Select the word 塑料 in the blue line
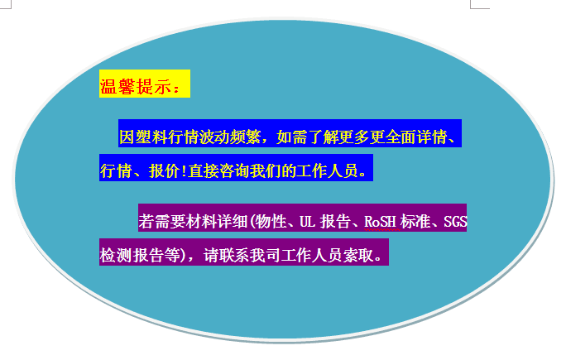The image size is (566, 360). pos(151,137)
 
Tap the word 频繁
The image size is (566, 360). pos(245,137)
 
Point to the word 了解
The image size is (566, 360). pos(323,137)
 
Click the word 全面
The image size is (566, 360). pos(401,137)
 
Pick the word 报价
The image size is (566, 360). pos(164,170)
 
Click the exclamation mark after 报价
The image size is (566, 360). pos(184,170)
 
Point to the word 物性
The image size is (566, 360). pos(271,221)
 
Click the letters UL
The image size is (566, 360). pos(307,221)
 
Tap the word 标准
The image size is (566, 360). pos(416,221)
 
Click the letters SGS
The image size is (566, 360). pos(455,221)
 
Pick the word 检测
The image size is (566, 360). pos(116,255)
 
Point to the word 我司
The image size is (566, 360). pos(266,255)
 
